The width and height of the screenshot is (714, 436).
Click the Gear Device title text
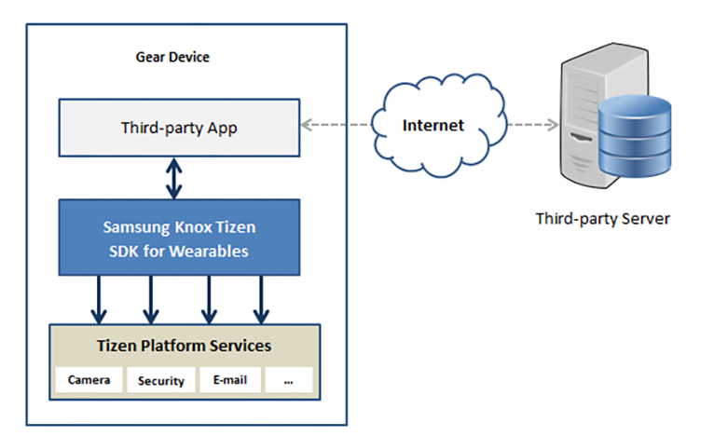[172, 57]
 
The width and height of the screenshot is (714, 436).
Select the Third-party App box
[179, 128]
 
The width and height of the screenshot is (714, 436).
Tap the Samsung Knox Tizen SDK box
[179, 238]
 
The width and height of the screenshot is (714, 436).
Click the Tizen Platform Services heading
[184, 346]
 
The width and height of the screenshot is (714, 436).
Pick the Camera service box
[89, 379]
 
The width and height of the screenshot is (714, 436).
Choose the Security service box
[160, 380]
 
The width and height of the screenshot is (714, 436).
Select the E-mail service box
[230, 379]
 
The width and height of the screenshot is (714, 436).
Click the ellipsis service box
[289, 379]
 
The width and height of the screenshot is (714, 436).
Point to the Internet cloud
[438, 125]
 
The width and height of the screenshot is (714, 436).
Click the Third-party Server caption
[603, 218]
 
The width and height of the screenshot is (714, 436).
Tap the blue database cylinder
[635, 136]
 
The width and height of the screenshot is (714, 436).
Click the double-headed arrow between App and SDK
[174, 178]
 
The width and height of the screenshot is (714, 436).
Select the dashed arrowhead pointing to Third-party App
[306, 124]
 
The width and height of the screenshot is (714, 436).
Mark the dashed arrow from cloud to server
[533, 124]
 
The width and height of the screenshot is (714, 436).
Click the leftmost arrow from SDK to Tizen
[99, 300]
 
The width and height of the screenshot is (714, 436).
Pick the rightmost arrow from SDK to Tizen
[261, 300]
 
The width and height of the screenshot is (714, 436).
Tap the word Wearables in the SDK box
[210, 252]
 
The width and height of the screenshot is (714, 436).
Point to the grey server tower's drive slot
[581, 137]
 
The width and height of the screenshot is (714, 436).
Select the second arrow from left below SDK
[151, 300]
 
